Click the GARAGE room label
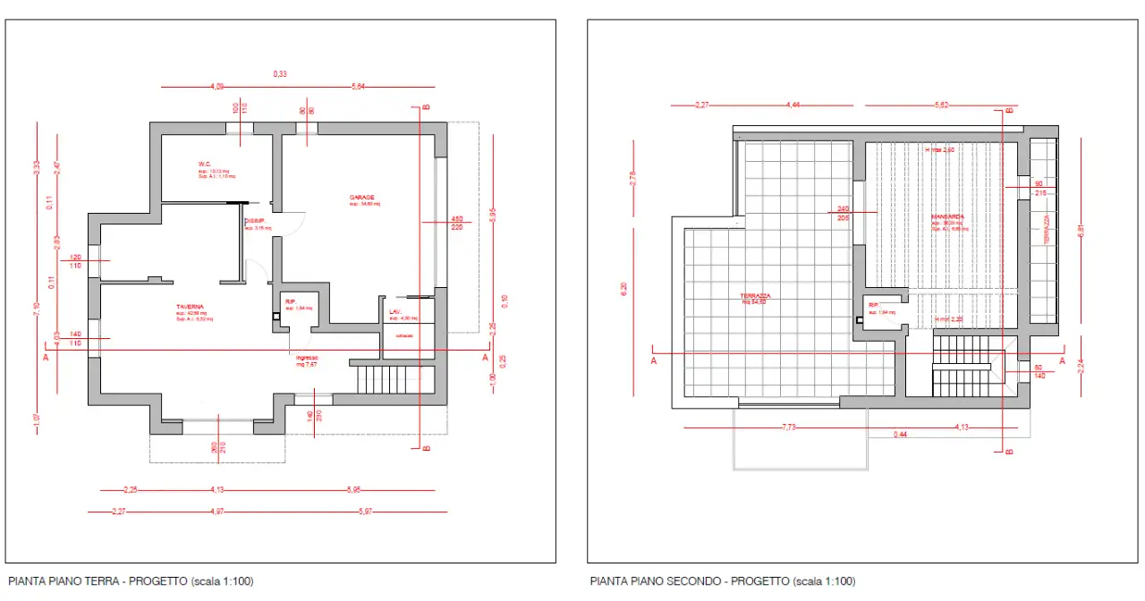[362, 197]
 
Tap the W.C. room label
[205, 164]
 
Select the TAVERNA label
[190, 306]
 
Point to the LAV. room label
[394, 311]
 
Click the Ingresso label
[307, 357]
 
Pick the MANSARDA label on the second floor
[946, 217]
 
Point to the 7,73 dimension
[789, 427]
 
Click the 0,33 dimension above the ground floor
[280, 74]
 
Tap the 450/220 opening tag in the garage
[456, 223]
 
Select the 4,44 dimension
[793, 106]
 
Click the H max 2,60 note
[939, 150]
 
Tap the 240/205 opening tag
[843, 213]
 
